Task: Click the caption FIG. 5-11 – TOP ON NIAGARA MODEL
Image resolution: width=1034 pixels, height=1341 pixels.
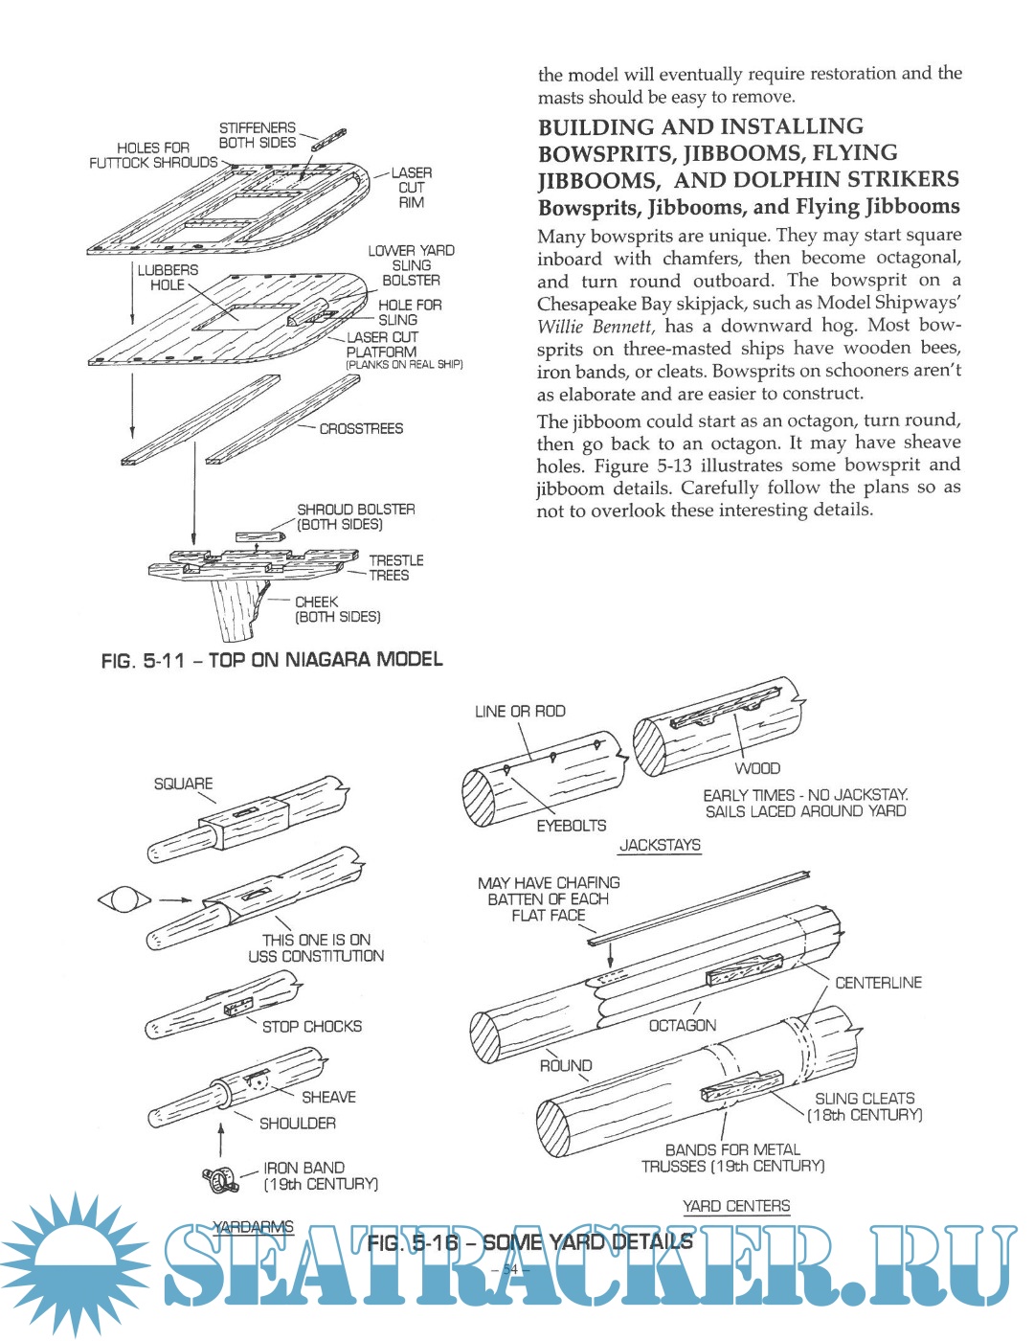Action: [272, 660]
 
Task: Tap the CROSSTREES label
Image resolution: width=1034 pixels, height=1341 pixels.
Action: [361, 429]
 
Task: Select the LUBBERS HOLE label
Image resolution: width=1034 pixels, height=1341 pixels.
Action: [168, 278]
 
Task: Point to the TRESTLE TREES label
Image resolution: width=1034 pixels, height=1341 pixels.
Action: [395, 568]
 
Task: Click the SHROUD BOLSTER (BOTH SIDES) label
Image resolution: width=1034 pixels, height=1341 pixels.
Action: [355, 517]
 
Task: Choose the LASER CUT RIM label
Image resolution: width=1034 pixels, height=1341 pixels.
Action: [412, 188]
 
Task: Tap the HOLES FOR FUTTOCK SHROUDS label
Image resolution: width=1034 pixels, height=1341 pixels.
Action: [153, 155]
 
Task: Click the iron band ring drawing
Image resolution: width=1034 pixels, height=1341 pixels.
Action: [220, 1180]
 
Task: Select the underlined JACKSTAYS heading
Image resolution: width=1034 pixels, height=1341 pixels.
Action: [660, 845]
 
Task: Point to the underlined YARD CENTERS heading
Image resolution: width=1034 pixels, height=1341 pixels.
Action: [736, 1206]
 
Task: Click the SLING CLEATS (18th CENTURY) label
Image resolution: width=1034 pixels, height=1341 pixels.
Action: [865, 1106]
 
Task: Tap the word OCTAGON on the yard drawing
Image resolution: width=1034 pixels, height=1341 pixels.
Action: [682, 1026]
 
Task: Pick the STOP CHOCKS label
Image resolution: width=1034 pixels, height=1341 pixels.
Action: [312, 1027]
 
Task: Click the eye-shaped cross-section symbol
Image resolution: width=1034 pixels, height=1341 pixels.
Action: [124, 900]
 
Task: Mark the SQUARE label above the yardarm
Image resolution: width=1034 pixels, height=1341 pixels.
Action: [183, 784]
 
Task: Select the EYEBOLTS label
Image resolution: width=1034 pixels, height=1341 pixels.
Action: [571, 826]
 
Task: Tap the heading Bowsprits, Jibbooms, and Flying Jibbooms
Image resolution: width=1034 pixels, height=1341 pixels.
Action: [748, 207]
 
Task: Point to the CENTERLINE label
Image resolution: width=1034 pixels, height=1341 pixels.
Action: [878, 983]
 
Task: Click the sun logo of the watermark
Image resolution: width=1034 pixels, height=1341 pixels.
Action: [75, 1264]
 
